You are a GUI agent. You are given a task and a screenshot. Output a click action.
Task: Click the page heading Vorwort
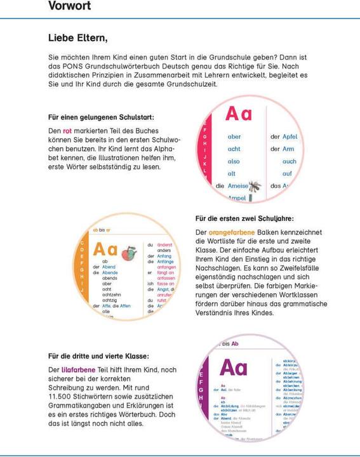[69, 6]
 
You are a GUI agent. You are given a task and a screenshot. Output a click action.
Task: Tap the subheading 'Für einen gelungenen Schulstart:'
[101, 117]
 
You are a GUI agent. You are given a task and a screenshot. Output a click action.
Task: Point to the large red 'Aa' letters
[239, 114]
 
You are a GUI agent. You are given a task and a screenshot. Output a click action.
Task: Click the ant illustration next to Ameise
[255, 186]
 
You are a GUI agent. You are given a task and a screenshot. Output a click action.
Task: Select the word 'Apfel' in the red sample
[289, 136]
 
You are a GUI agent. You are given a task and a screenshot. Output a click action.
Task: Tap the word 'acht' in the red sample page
[234, 149]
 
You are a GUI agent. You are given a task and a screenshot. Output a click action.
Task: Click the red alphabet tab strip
[204, 146]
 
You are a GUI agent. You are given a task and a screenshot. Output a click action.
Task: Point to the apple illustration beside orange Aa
[128, 252]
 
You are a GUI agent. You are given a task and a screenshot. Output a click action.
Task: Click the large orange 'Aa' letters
[105, 250]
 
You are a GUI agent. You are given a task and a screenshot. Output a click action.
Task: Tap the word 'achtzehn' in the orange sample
[111, 295]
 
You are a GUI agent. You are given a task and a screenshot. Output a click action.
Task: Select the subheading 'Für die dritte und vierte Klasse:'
[98, 356]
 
